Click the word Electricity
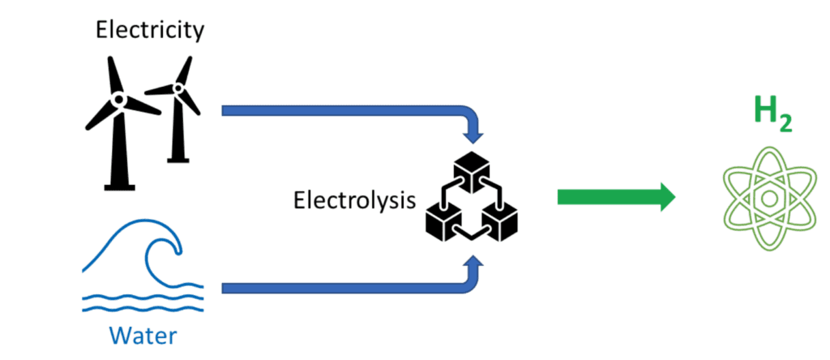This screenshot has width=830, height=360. [150, 30]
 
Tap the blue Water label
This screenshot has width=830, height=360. [143, 335]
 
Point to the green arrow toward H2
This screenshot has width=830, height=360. [616, 195]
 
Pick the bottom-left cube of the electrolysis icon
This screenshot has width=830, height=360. [443, 221]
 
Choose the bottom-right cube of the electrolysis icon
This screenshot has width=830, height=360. [501, 221]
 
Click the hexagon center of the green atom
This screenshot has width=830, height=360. [766, 197]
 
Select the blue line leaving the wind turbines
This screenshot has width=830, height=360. [340, 109]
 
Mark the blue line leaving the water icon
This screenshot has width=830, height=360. [340, 288]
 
